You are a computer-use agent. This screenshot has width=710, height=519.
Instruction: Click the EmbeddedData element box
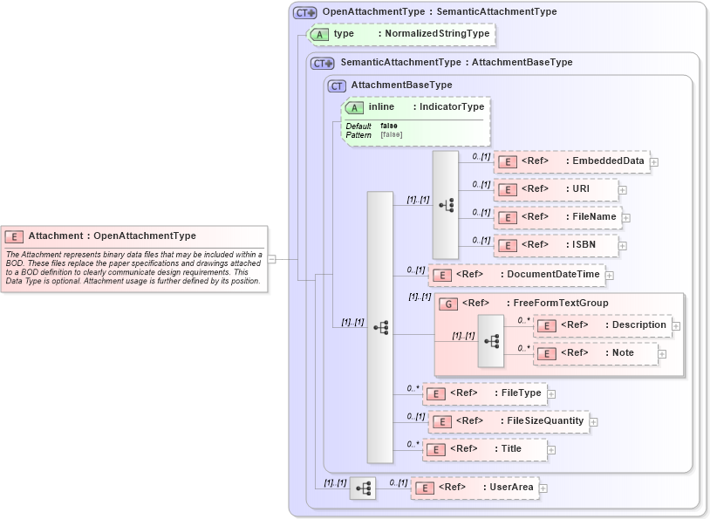570,161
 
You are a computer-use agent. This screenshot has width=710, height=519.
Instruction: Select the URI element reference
556,189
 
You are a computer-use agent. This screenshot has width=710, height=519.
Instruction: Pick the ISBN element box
556,245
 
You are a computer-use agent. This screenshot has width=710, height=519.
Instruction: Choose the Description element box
601,324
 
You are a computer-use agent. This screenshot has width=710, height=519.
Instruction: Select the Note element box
595,353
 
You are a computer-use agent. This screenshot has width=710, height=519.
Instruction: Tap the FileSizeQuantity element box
507,421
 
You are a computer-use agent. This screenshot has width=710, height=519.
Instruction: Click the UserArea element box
474,488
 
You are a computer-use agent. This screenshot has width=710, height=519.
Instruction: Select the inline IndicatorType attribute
416,107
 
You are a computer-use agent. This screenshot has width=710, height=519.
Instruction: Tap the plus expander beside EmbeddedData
653,162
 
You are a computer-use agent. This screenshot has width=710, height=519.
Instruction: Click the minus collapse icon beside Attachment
272,258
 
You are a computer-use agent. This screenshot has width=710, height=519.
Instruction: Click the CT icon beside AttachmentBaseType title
337,85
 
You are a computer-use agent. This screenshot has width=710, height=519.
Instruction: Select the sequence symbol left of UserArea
362,488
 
